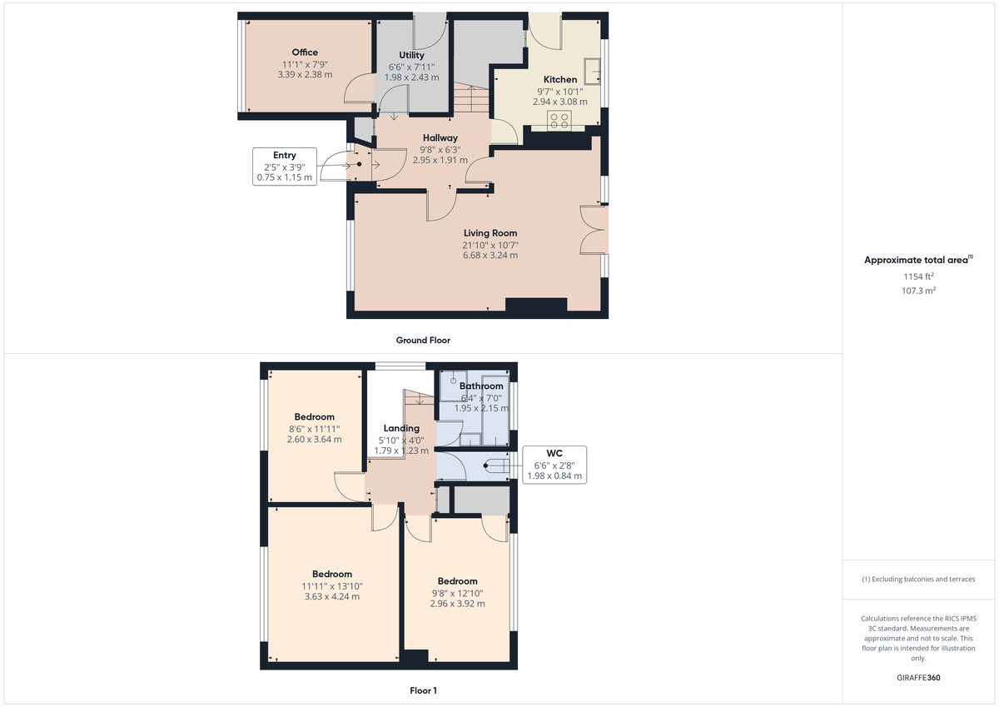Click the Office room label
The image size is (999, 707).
tap(305, 52)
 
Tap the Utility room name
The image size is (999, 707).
tap(411, 55)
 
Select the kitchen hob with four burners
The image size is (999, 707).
tap(557, 119)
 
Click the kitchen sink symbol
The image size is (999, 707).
tap(594, 71)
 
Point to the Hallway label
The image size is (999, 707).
tap(440, 138)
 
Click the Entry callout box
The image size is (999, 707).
tap(284, 166)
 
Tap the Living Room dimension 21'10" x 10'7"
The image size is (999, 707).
tap(490, 245)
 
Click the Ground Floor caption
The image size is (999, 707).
tap(423, 340)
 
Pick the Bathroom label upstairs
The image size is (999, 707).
tap(481, 386)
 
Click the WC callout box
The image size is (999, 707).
tap(554, 466)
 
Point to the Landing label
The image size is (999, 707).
tap(401, 428)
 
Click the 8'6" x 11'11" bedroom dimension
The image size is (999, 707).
tap(314, 429)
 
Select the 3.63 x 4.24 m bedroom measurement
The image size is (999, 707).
tap(332, 596)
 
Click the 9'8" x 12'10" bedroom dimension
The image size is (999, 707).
tap(457, 593)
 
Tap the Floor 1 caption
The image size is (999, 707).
tap(423, 690)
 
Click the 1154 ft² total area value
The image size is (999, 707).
tap(918, 276)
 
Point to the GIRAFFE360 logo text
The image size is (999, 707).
tap(918, 678)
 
